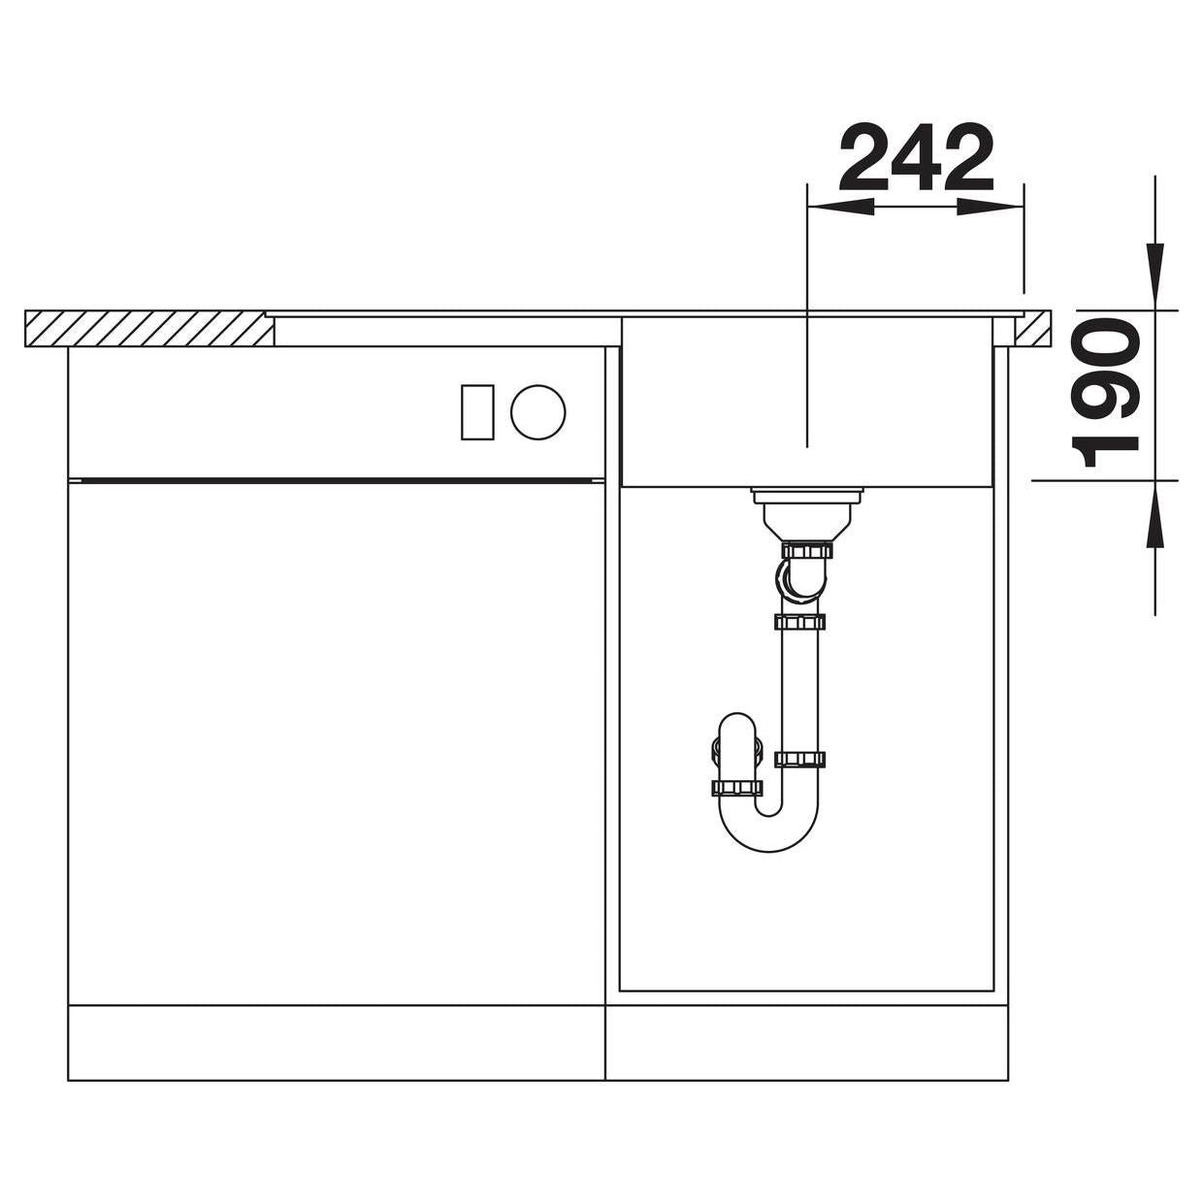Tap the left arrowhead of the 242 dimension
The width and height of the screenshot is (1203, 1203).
(x=840, y=208)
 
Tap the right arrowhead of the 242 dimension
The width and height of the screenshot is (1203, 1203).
(x=991, y=208)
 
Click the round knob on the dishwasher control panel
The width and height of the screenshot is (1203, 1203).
(x=538, y=412)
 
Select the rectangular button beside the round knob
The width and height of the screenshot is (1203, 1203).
(x=477, y=412)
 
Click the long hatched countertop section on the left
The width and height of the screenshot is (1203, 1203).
(x=149, y=328)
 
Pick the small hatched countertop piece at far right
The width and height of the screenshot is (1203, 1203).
(x=1032, y=328)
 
